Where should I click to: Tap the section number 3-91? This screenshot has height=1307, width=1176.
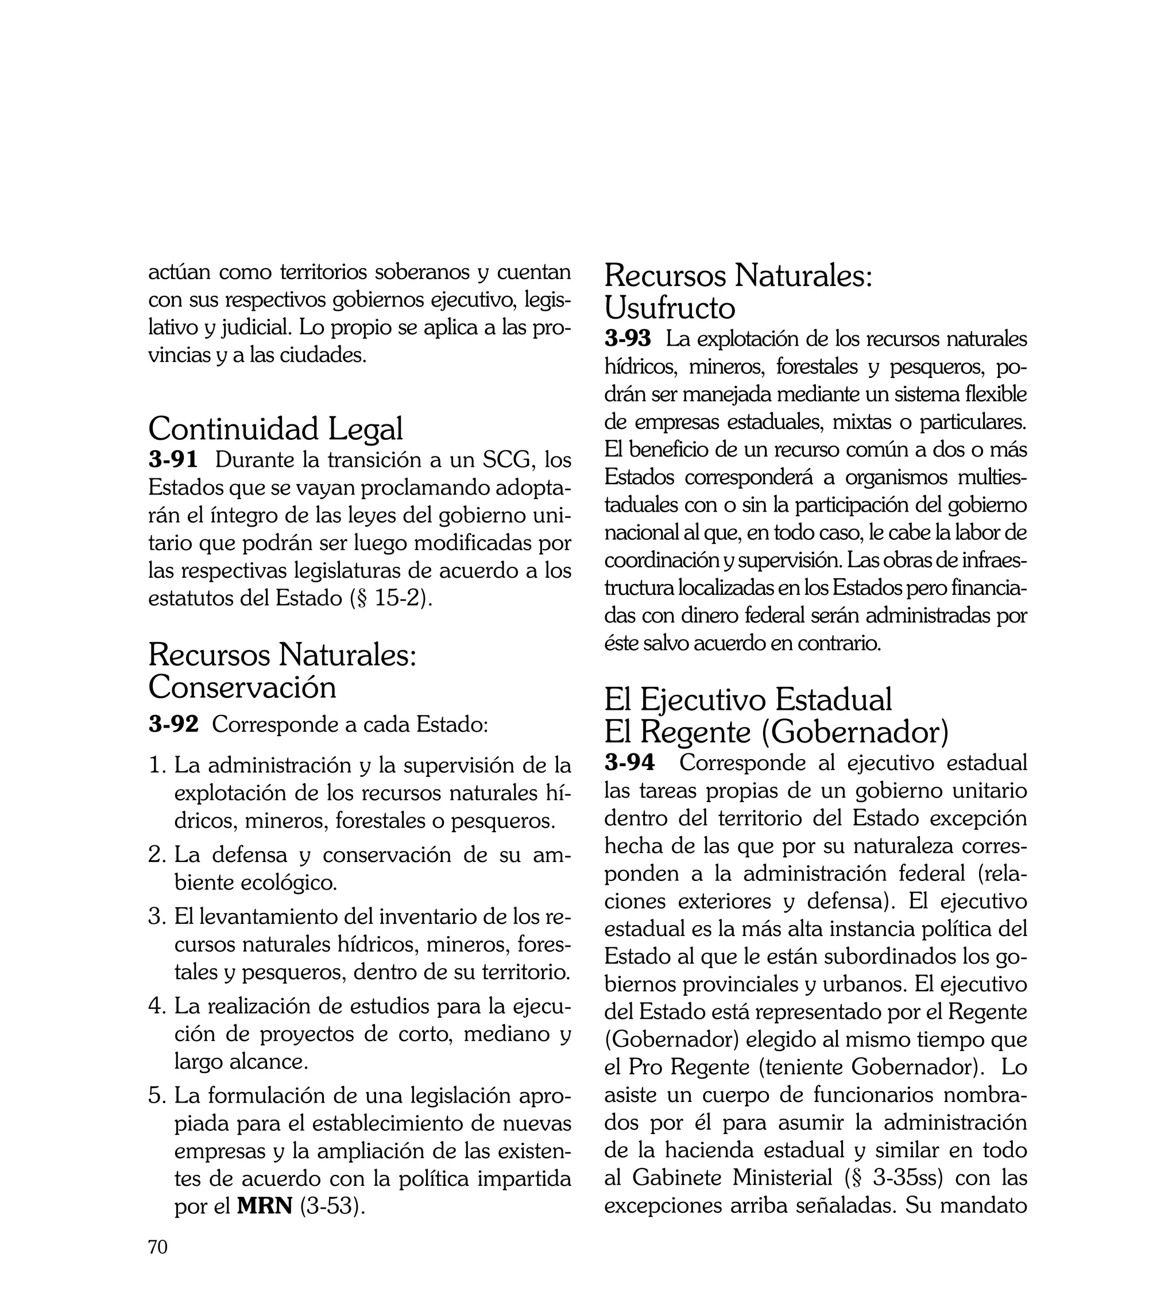click(x=172, y=460)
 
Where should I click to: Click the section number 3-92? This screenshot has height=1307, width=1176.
click(x=173, y=724)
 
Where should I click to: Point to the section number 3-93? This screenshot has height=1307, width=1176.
click(x=628, y=339)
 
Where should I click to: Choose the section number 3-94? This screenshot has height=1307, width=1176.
click(x=629, y=763)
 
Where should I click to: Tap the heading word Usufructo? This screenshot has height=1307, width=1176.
click(x=670, y=308)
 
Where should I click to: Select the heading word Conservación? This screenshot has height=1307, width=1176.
click(x=242, y=687)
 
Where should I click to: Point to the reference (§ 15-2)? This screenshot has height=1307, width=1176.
click(x=391, y=598)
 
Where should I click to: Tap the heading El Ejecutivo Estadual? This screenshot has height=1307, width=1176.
click(x=748, y=699)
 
